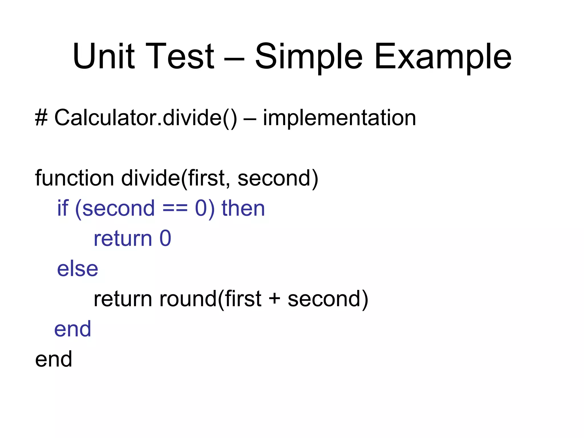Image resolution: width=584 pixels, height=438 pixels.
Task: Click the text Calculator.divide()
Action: [145, 118]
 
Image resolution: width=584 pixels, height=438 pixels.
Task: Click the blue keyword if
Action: [63, 208]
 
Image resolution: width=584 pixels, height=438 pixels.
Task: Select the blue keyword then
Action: [243, 208]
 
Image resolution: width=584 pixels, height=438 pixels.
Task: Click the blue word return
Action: [123, 239]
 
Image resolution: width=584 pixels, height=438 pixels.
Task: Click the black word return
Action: [123, 299]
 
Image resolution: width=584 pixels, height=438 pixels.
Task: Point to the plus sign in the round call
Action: [274, 299]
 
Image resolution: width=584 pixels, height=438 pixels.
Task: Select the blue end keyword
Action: [73, 329]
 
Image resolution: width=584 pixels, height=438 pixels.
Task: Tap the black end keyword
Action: [54, 359]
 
